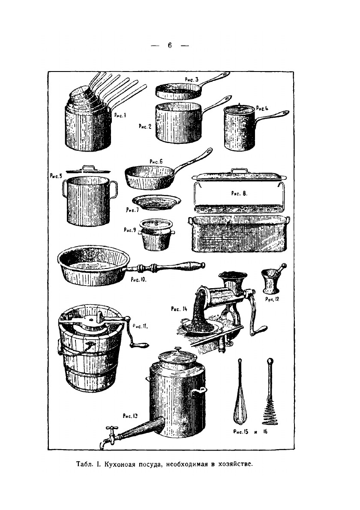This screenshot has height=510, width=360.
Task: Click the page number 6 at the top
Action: (170, 45)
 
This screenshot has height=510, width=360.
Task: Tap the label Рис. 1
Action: (120, 115)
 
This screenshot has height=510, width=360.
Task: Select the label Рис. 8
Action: (239, 193)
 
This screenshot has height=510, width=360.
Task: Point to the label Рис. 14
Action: (179, 309)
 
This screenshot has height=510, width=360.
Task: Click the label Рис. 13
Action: (130, 416)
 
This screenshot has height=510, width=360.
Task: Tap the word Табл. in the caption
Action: (84, 464)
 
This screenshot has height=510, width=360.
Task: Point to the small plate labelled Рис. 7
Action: (156, 203)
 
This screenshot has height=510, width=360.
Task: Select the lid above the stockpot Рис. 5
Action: (88, 170)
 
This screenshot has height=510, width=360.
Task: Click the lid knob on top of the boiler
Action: (178, 350)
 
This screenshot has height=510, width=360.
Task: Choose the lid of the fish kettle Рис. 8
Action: (239, 176)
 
